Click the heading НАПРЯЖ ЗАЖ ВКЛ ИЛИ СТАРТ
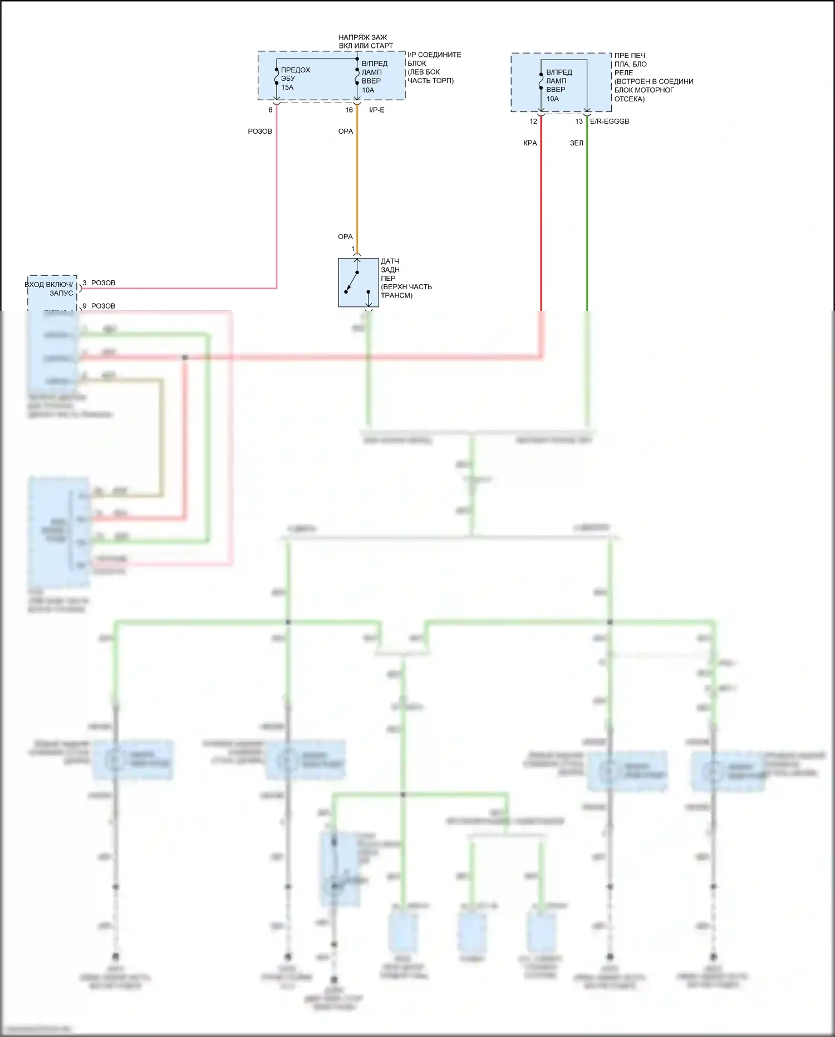365,42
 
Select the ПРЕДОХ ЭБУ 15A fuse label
295,79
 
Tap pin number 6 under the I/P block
271,110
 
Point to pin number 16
349,110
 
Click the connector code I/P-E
377,110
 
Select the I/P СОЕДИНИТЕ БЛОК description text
434,67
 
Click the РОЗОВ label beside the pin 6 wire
260,132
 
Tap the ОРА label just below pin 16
346,132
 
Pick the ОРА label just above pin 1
345,237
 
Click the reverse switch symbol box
358,283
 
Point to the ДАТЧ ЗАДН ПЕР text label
405,278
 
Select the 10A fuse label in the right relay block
552,99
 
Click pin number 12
533,121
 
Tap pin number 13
579,121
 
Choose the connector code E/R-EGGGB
610,121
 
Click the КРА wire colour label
530,143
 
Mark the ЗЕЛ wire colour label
576,143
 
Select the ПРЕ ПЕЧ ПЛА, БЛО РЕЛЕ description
654,77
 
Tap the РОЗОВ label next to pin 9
103,306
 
